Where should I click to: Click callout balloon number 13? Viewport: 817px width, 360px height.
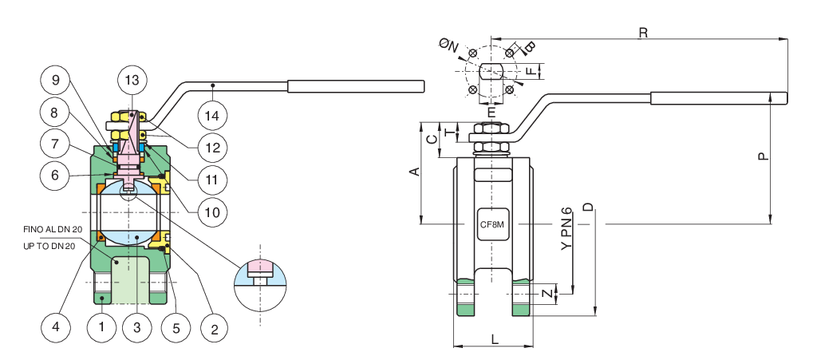132,80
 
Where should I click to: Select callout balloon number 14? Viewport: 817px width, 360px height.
211,117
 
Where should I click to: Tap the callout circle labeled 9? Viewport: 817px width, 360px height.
54,80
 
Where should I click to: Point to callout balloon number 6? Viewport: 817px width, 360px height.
54,175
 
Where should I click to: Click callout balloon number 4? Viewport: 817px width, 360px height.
54,326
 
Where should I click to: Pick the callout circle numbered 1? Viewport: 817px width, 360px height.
101,326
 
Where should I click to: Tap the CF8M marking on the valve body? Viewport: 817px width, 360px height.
491,225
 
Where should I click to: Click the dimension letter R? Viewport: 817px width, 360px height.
643,33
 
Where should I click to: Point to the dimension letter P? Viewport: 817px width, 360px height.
763,156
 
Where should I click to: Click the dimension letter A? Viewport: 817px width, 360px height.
413,172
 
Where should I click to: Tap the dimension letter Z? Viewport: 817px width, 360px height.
546,294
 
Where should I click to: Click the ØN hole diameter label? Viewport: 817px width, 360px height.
450,47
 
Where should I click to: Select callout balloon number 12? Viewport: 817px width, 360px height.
211,147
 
